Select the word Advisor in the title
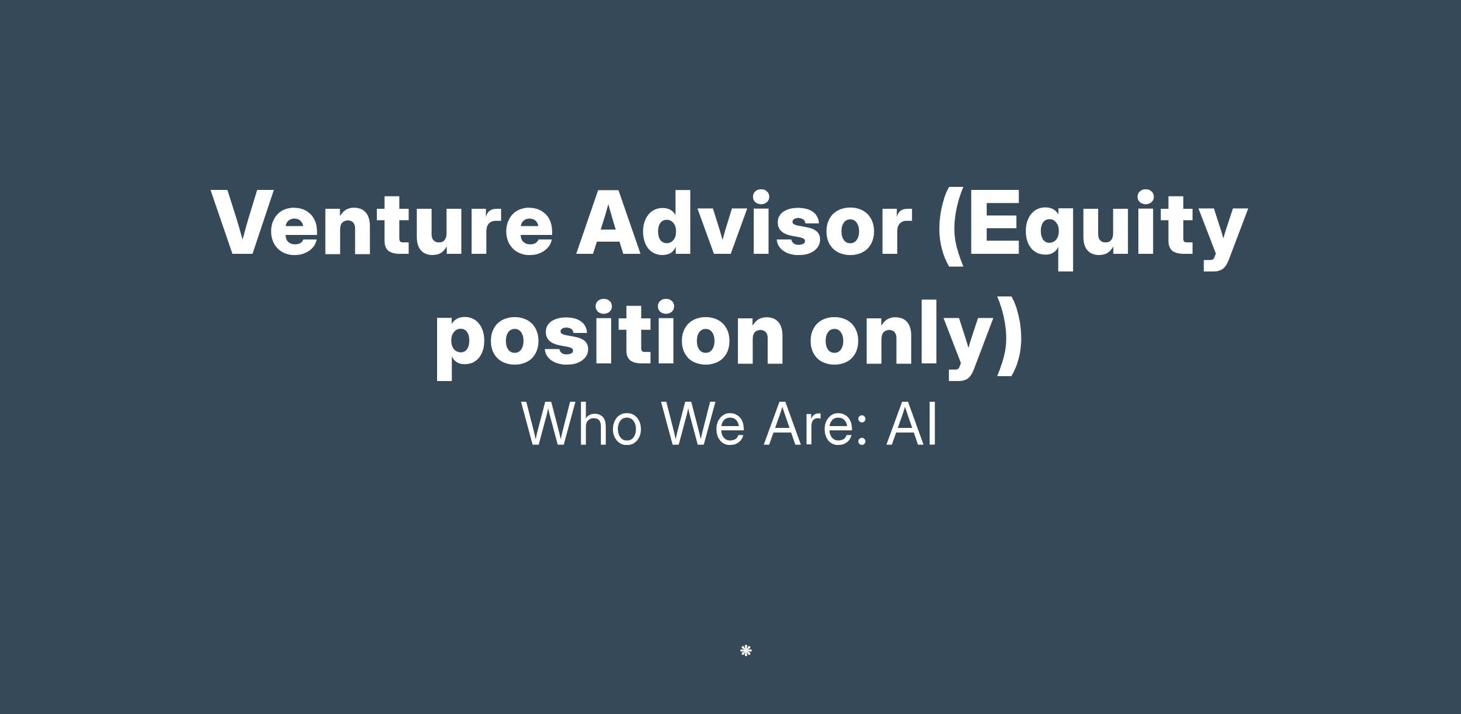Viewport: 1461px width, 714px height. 743,222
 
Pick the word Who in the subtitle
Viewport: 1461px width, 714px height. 582,423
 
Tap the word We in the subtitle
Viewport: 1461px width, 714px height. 703,423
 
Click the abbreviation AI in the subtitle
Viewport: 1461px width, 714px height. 911,423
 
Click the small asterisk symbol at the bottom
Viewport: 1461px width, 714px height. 746,651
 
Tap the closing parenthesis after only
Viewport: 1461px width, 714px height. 1010,338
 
